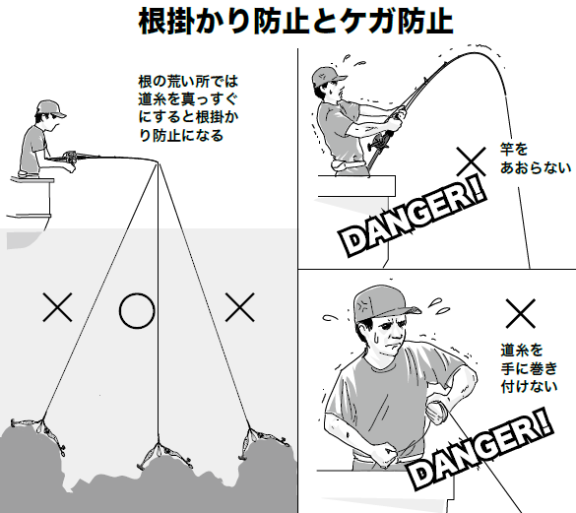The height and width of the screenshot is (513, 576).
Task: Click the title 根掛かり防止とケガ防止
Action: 288,21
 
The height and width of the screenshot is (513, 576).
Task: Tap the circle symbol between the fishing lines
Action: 137,309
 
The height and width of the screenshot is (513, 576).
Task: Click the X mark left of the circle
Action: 59,308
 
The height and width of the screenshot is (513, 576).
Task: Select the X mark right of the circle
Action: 239,308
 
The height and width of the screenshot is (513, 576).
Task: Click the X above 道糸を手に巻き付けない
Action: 519,314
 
